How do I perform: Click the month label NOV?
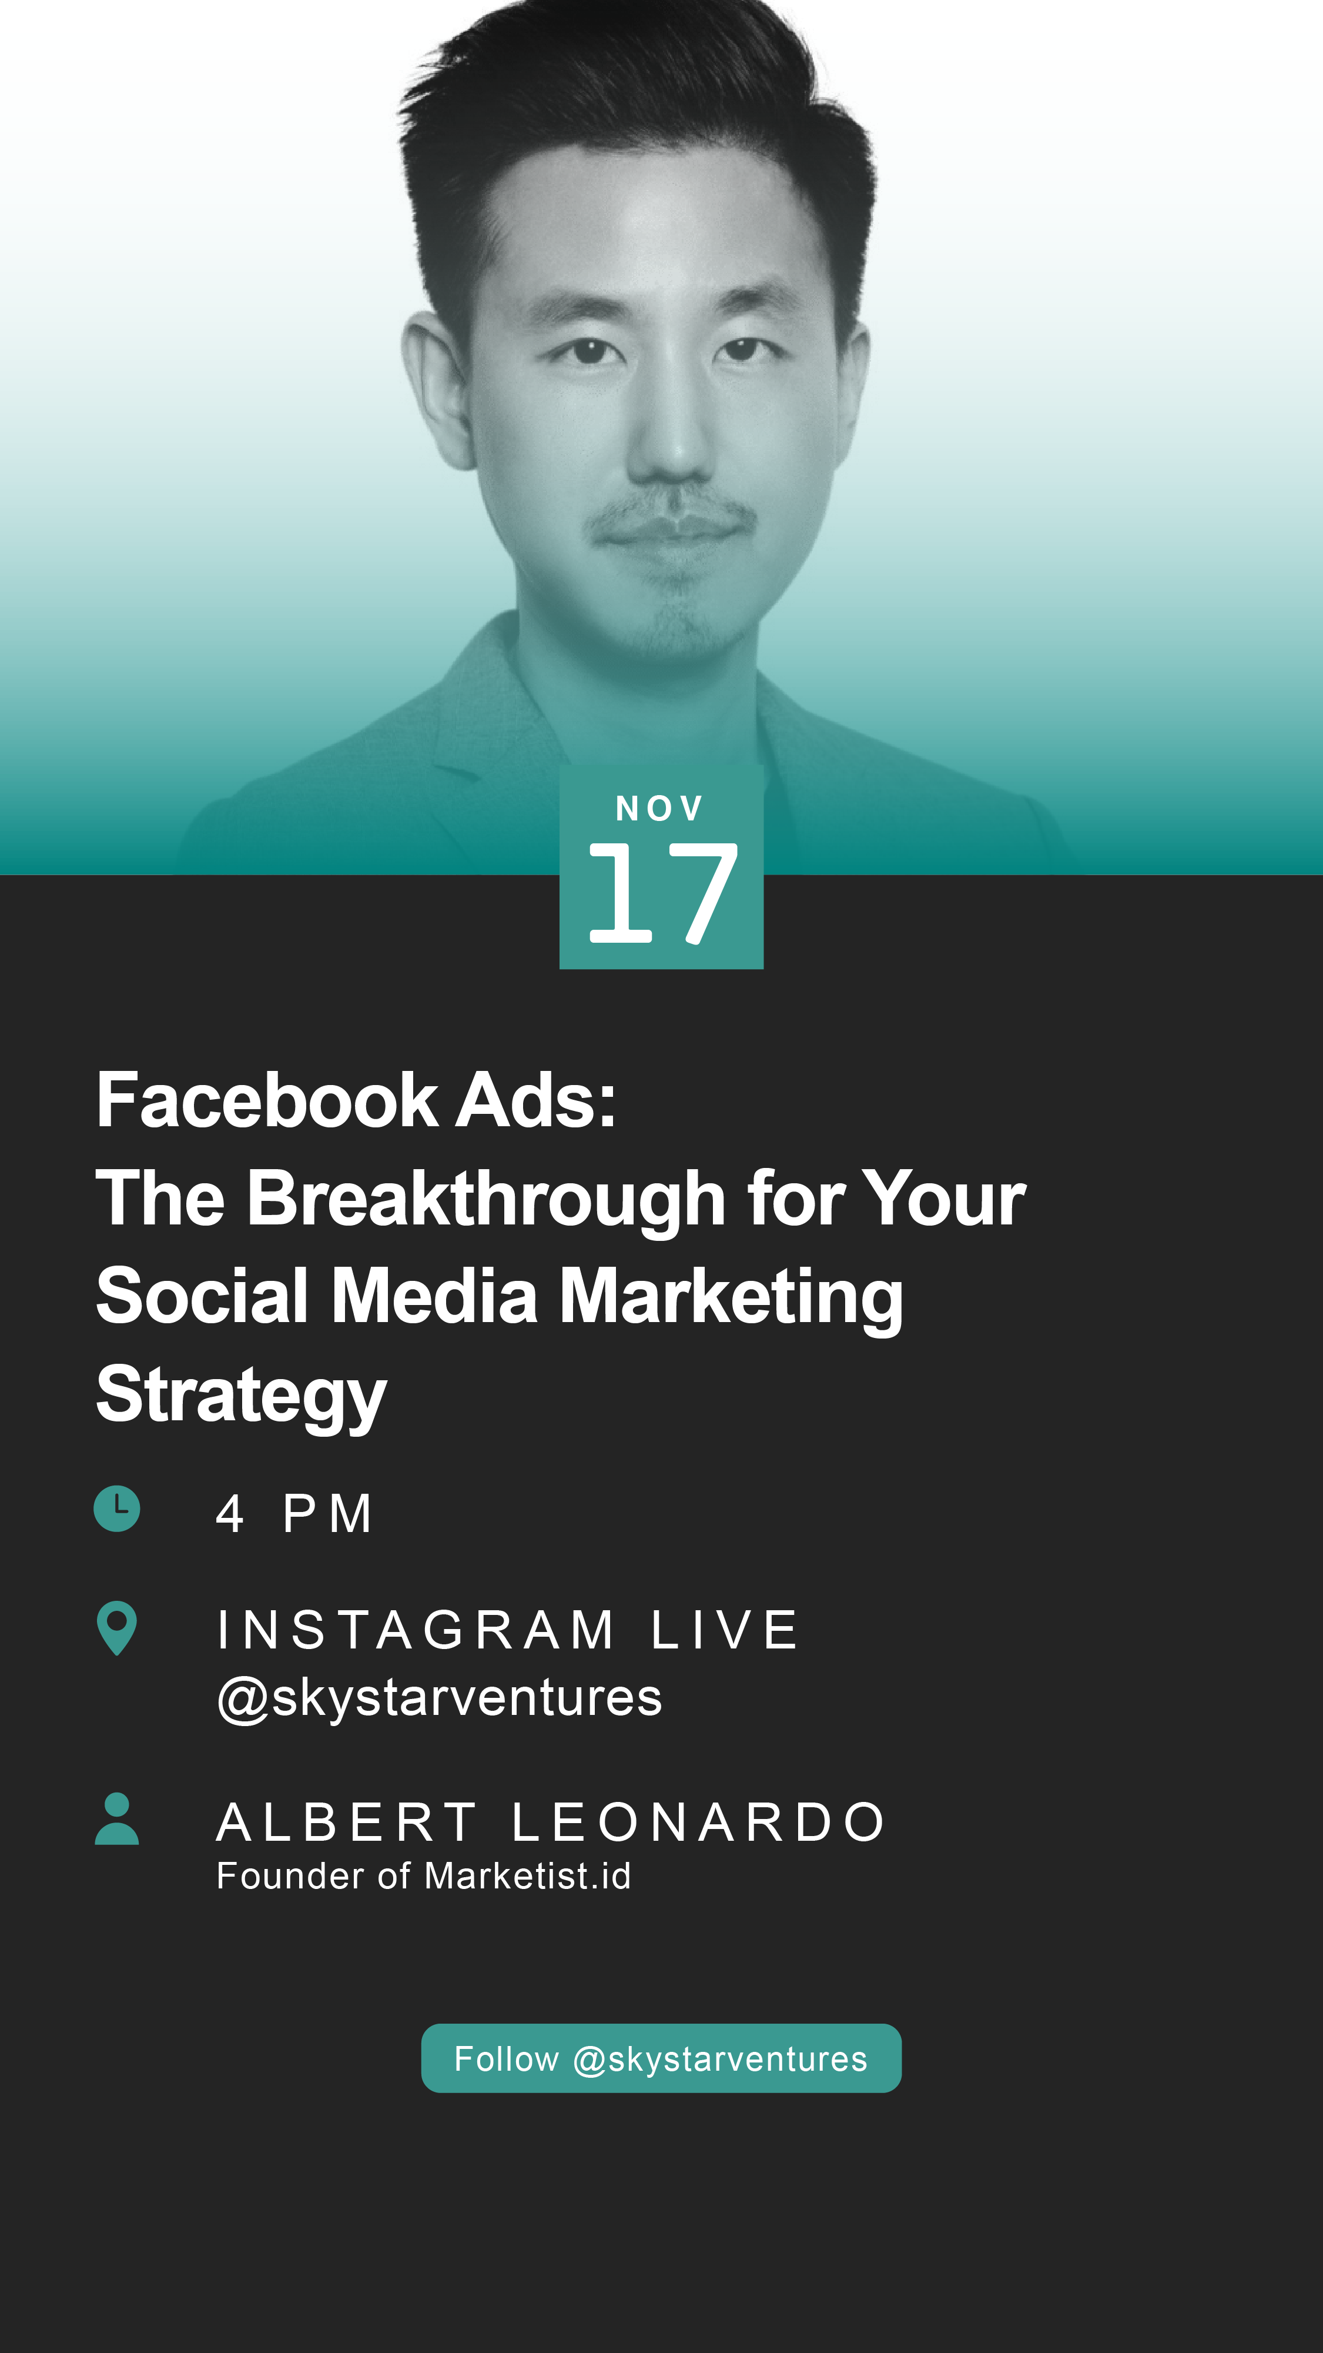[659, 809]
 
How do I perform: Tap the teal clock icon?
[117, 1509]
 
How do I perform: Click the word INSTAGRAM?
[416, 1630]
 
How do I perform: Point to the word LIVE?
[725, 1630]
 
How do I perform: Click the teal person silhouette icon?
[117, 1818]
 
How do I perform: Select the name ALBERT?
[346, 1823]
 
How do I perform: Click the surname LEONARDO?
[698, 1823]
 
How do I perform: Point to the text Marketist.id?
[528, 1876]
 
